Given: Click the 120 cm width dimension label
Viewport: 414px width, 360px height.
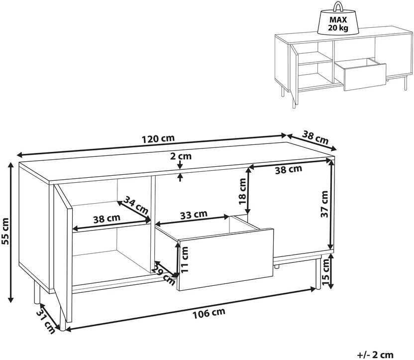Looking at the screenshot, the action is tap(158, 138).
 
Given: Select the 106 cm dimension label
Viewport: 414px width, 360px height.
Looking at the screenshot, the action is tap(209, 314).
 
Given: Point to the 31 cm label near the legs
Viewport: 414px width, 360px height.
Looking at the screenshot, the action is tap(45, 321).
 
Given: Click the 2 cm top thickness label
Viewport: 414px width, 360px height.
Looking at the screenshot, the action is tap(181, 156).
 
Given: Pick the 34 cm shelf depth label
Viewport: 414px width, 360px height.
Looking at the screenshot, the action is tap(136, 205).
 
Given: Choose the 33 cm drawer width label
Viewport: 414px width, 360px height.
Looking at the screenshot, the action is tap(194, 215).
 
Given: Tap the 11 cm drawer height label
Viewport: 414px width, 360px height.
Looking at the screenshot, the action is tap(185, 260).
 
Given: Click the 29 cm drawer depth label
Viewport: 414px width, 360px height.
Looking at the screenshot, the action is tap(164, 276).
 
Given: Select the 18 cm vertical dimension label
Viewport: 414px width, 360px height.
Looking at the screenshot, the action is tap(242, 191).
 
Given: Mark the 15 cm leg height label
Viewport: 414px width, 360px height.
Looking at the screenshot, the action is tap(325, 272).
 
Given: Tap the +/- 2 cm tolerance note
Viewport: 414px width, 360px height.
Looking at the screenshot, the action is tap(375, 355).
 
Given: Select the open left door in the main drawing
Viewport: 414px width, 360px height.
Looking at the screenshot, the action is tap(63, 253).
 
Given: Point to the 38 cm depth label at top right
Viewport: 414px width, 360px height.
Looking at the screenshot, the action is tap(315, 137).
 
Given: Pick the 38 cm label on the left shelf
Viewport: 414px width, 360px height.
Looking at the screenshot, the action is tap(106, 219).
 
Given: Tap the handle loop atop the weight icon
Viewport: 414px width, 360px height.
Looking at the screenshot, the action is tap(338, 6).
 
